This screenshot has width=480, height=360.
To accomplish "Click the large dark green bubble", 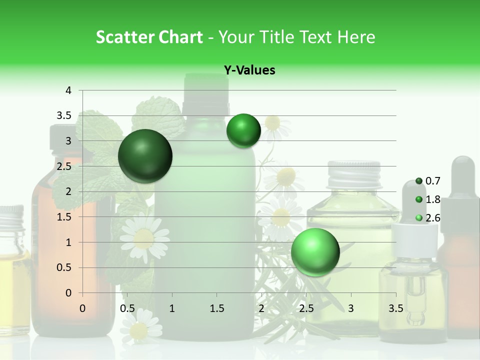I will coord(145,156).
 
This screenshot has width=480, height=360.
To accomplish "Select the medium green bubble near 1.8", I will coord(243,131).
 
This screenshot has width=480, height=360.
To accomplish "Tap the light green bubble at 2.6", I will coord(315,252).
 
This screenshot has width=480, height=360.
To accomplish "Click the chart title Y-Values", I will coord(249,70).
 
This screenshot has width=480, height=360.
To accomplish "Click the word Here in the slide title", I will coord(355,37).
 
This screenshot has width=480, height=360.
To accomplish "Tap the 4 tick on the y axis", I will coord(68,90).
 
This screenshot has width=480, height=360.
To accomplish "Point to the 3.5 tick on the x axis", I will coord(395,308).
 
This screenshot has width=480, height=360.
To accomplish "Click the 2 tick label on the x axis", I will coord(261,308).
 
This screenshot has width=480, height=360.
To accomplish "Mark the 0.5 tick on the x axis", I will coord(127,308).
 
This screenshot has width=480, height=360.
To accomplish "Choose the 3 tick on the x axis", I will coord(350,308).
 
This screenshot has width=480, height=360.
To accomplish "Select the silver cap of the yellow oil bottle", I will coord(353,172).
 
